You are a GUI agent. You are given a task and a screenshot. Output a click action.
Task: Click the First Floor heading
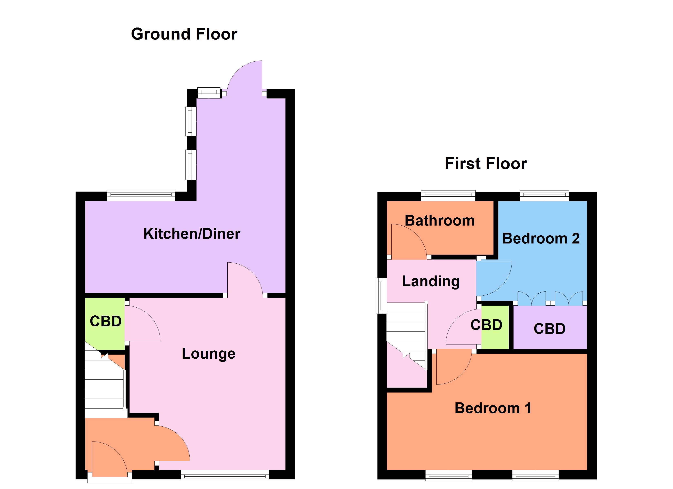tap(486, 164)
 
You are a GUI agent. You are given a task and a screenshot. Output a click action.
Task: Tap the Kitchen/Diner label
tap(192, 234)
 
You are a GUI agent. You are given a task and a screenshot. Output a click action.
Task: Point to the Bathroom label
tap(439, 221)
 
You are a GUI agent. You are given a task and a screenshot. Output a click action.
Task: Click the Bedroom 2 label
tap(541, 238)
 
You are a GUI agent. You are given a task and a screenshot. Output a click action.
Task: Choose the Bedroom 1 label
tap(493, 408)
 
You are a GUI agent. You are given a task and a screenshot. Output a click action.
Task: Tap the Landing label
tap(431, 281)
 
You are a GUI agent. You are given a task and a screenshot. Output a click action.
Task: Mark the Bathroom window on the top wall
tap(448, 195)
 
